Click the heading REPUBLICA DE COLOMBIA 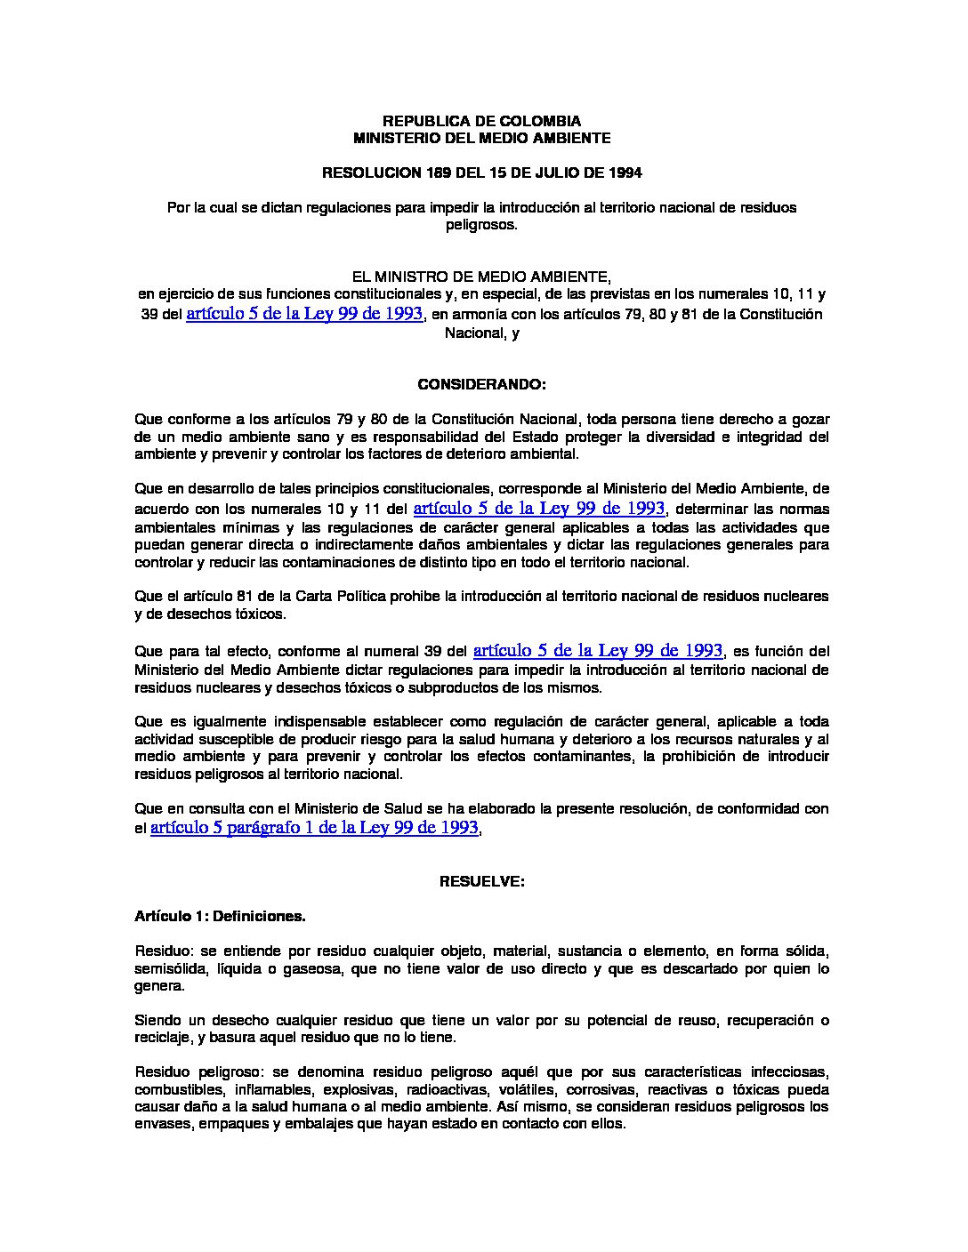pos(481,121)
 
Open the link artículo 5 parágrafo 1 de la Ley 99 pos(315,828)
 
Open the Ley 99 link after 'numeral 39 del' pos(598,650)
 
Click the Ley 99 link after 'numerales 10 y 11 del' pos(539,509)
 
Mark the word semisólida pos(168,968)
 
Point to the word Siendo pos(157,1020)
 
